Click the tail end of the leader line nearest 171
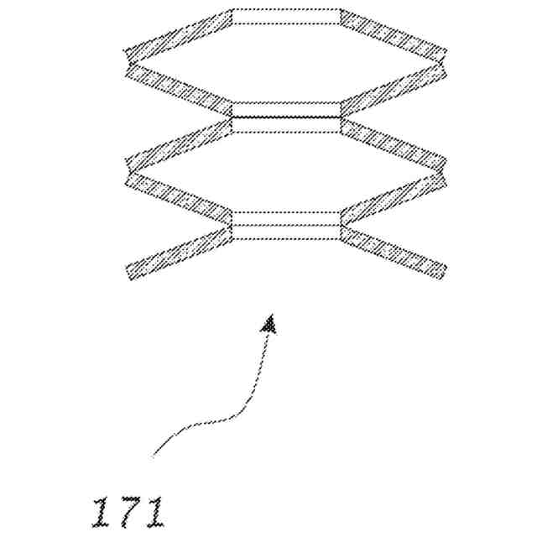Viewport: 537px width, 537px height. (x=154, y=456)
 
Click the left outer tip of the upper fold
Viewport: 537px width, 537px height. (x=126, y=60)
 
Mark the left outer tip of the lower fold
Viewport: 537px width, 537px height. (x=126, y=171)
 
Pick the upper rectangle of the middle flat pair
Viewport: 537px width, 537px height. (x=286, y=110)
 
